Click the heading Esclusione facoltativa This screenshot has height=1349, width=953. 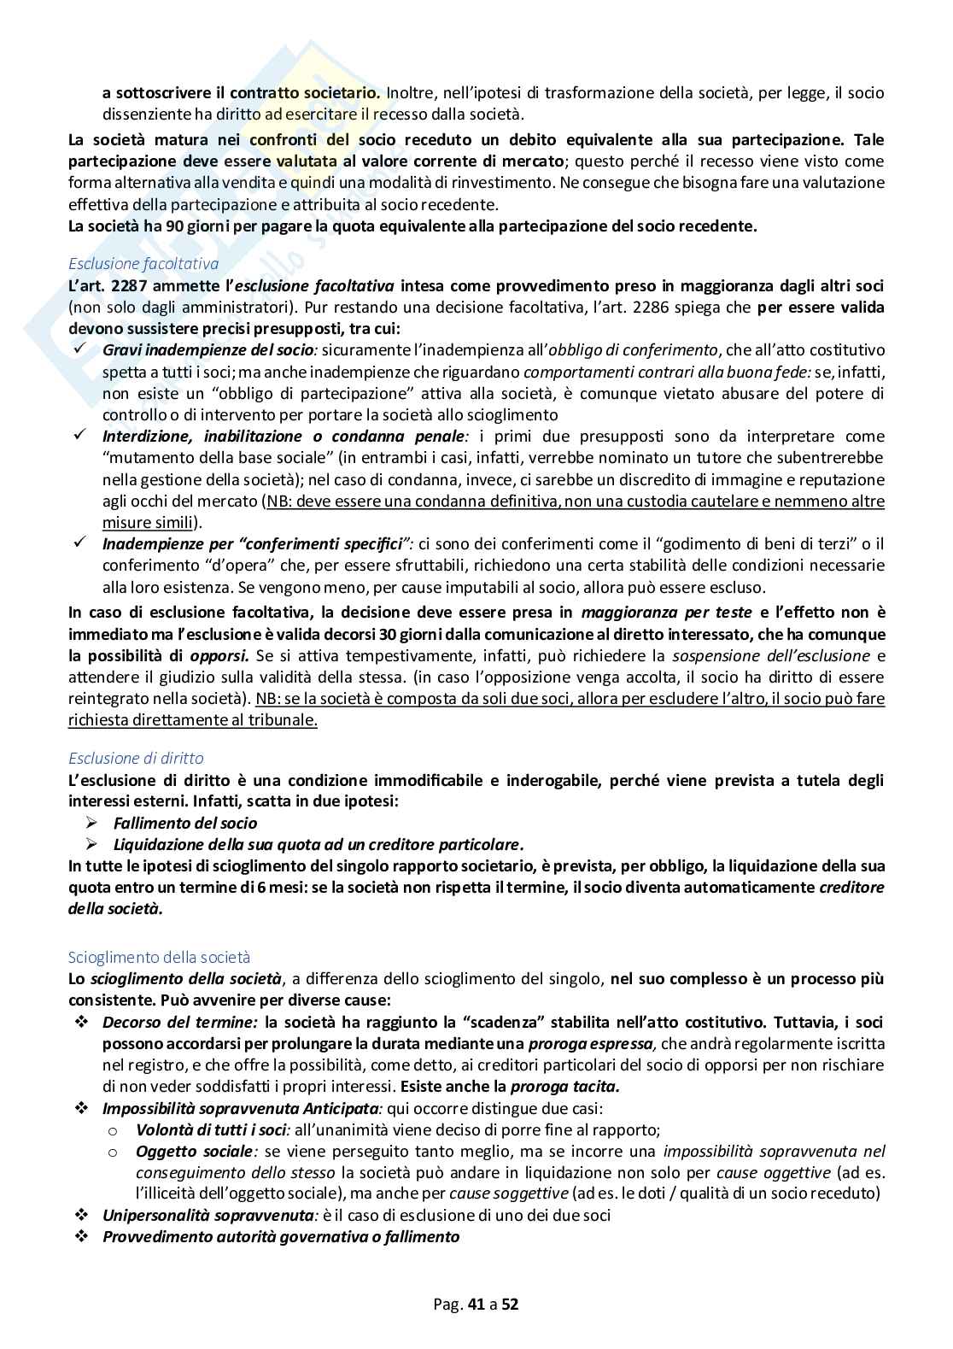[143, 263]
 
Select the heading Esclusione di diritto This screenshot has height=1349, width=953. [136, 758]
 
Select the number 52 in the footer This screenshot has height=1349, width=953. [510, 1305]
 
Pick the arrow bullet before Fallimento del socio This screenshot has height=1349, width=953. [93, 823]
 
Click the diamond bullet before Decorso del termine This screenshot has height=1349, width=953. [81, 1022]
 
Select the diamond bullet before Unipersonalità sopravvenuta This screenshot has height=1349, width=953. [81, 1215]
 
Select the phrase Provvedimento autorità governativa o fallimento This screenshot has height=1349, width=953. [281, 1236]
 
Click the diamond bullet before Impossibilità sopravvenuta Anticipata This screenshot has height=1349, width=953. [81, 1108]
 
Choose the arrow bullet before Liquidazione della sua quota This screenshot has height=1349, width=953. [93, 844]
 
